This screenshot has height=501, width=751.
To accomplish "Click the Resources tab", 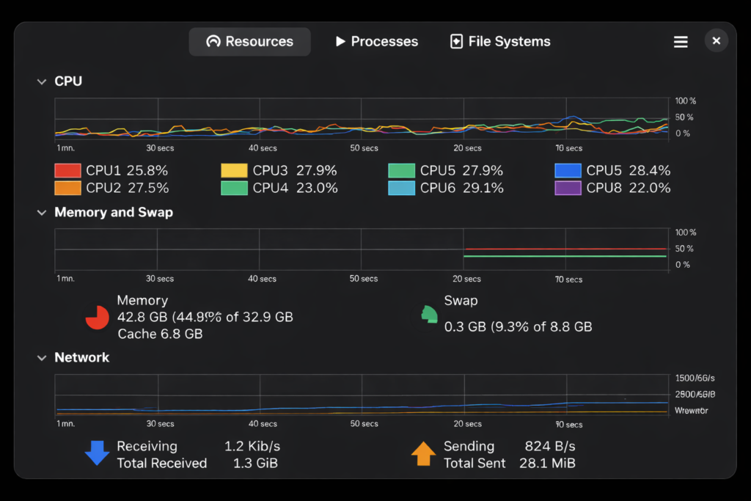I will coord(249,42).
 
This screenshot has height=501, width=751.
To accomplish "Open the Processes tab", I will coord(376,42).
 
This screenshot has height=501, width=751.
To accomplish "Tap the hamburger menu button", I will coord(681,42).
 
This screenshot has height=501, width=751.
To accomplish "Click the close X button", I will coord(717,40).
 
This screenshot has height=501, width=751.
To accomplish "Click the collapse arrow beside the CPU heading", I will coord(42,82).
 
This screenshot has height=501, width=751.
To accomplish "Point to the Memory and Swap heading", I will coord(114,213).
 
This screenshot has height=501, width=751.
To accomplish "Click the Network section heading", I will coord(81,358).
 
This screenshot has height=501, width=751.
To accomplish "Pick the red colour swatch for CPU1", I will coord(67,171).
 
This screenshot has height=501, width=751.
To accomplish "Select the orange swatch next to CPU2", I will coord(67,189).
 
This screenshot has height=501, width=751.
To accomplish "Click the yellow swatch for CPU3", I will coord(234,171).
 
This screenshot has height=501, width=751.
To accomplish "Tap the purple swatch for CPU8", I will coord(568,189).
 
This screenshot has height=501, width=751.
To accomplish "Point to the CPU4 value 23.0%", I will coord(317,189).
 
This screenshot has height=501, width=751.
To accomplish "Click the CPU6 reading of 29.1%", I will coord(483,189).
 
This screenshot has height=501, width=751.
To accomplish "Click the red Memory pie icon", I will coord(97,317).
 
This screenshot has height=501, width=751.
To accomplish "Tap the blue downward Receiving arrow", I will coord(97,454).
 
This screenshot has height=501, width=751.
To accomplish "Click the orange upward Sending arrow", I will coord(423,454).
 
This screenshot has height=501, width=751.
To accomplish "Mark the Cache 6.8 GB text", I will coord(160,334).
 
